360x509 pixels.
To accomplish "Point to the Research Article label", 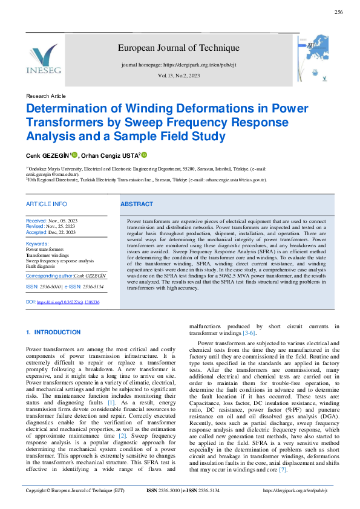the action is [46, 97].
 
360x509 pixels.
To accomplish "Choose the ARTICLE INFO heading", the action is [47, 204].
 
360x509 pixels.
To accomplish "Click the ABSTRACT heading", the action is [137, 204].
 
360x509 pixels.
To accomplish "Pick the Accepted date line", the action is [51, 232].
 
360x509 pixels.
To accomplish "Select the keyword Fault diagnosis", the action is [41, 266].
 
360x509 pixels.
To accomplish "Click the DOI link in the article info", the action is [68, 302].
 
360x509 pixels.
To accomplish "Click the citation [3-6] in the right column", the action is [249, 333].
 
